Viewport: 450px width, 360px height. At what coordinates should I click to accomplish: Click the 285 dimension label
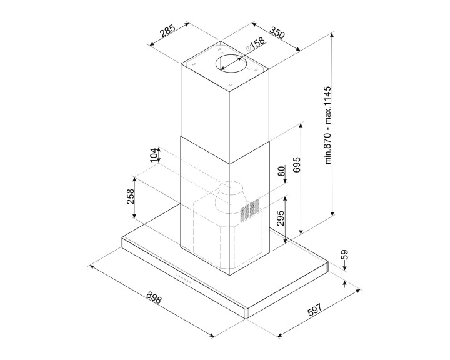[167, 31]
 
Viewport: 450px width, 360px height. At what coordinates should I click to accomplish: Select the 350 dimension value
[277, 32]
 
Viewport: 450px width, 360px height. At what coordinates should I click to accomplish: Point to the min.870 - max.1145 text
[328, 125]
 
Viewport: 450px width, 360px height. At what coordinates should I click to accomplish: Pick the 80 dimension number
[282, 171]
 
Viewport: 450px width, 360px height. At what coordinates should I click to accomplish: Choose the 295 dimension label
[281, 218]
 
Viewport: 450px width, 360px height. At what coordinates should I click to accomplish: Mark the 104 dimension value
[154, 155]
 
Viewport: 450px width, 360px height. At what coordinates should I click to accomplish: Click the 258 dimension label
[131, 196]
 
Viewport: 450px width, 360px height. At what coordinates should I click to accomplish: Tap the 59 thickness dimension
[344, 254]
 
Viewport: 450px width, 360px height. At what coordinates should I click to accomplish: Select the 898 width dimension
[154, 297]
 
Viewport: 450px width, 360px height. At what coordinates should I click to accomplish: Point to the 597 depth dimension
[315, 309]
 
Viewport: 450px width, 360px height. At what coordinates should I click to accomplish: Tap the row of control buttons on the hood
[183, 279]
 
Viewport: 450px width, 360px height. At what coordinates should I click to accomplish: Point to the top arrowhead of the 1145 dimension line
[332, 34]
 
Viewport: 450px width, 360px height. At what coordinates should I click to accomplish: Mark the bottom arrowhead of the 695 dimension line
[301, 231]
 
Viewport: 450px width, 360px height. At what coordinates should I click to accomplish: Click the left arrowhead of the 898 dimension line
[92, 267]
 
